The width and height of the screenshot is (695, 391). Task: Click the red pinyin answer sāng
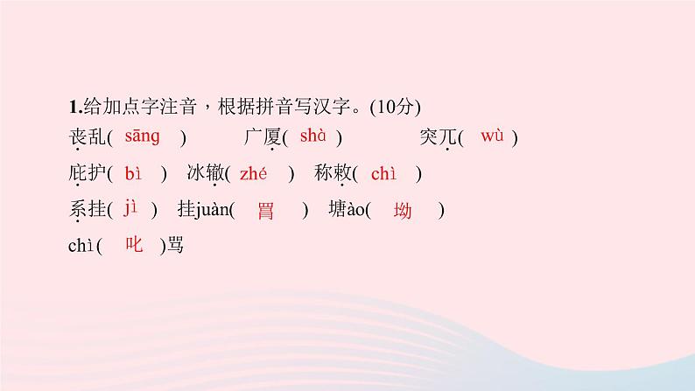[x=142, y=136]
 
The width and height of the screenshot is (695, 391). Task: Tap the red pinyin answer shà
[x=312, y=136]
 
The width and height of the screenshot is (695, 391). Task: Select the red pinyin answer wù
[x=493, y=136]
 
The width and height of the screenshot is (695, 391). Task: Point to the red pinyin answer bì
[x=133, y=173]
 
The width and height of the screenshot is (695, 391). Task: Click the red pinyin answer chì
[x=383, y=173]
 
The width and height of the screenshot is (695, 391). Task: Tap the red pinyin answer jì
[x=131, y=209]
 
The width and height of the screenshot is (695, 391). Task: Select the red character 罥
[x=266, y=211]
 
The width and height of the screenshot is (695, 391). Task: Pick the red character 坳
[x=403, y=211]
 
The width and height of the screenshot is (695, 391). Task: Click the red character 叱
[x=134, y=247]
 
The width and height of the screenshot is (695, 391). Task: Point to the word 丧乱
[x=85, y=138]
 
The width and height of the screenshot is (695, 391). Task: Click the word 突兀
[x=438, y=138]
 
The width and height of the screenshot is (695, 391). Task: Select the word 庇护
[x=85, y=174]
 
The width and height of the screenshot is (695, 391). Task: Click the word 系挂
[x=85, y=211]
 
